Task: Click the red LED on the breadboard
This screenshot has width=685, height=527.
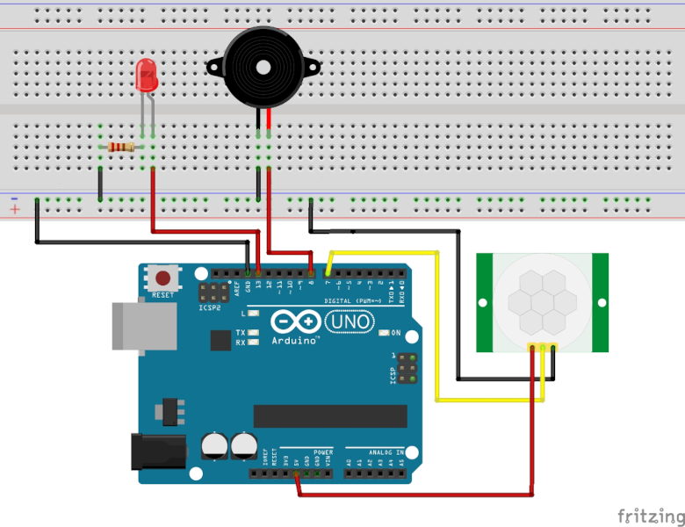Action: (x=146, y=76)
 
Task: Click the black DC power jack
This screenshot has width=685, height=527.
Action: (x=157, y=452)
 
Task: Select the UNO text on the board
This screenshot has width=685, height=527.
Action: (x=350, y=323)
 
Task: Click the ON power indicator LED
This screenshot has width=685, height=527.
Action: (x=383, y=333)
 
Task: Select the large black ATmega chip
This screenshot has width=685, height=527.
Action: (x=330, y=415)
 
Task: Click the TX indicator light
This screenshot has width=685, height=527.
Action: (x=253, y=333)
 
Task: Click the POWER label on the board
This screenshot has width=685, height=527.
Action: (x=322, y=451)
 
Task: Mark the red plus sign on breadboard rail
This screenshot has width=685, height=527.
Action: (x=15, y=210)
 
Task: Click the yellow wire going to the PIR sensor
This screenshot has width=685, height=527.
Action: (x=437, y=325)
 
